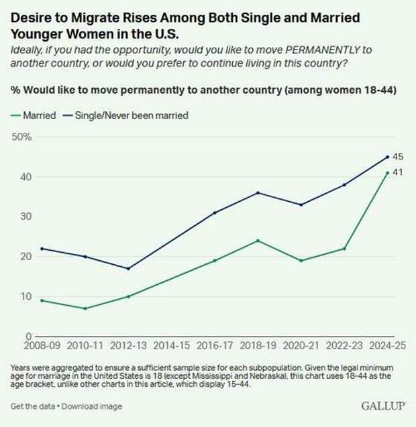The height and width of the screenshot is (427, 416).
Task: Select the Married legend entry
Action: coord(36,115)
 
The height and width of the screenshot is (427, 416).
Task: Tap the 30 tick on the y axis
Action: coord(25,217)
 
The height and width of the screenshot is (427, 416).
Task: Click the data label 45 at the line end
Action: coord(398,157)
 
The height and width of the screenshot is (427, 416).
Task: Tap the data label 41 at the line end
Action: coord(398,173)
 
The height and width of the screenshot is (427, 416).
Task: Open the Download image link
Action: coord(87,406)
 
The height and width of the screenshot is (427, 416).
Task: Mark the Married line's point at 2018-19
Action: coord(258,241)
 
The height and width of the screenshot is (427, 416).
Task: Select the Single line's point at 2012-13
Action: coord(128,268)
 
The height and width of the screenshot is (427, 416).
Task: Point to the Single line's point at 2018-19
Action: coord(258,192)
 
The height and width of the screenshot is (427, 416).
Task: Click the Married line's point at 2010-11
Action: coord(85,308)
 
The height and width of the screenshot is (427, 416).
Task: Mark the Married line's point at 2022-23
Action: coord(344,249)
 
